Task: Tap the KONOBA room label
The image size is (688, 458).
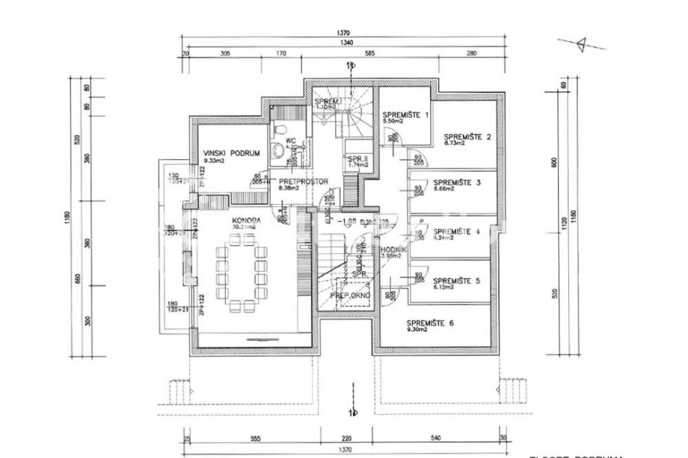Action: [246, 220]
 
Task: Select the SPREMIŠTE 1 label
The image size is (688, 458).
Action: [406, 115]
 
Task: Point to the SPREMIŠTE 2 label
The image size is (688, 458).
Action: [468, 137]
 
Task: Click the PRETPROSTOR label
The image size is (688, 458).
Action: [295, 182]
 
